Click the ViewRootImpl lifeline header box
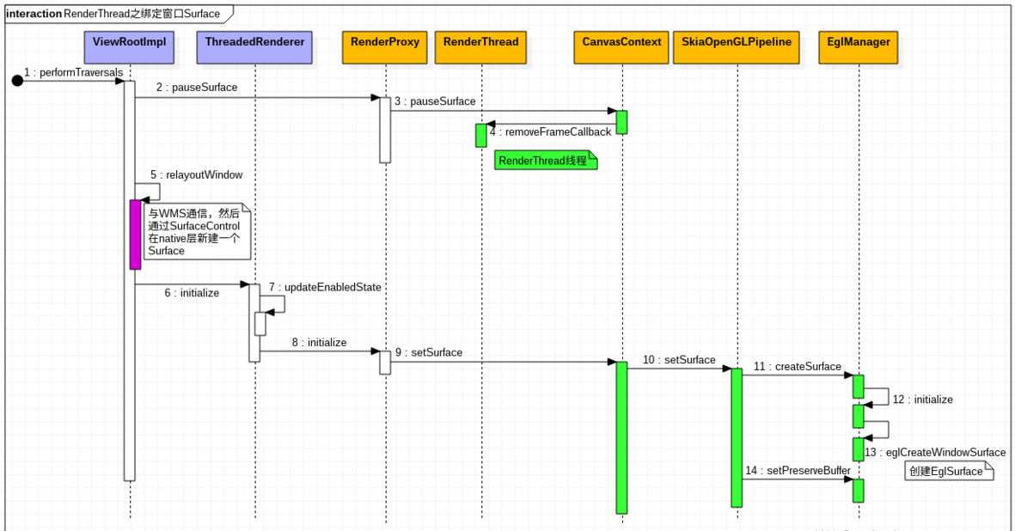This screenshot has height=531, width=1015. pyautogui.click(x=130, y=47)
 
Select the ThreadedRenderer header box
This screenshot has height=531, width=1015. pyautogui.click(x=254, y=47)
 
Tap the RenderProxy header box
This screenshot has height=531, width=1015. pyautogui.click(x=385, y=47)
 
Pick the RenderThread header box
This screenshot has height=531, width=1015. pyautogui.click(x=481, y=47)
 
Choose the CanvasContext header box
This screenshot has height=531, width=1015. pyautogui.click(x=621, y=47)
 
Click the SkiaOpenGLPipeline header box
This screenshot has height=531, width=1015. pyautogui.click(x=737, y=47)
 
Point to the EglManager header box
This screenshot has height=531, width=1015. pyautogui.click(x=859, y=47)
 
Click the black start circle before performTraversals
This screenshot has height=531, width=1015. pyautogui.click(x=17, y=81)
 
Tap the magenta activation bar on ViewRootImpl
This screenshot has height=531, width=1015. pyautogui.click(x=135, y=234)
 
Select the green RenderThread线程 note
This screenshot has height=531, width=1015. pyautogui.click(x=546, y=161)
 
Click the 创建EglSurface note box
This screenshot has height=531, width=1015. pyautogui.click(x=949, y=471)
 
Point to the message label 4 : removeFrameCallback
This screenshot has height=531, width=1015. pyautogui.click(x=550, y=132)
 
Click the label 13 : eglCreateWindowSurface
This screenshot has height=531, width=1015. pyautogui.click(x=935, y=452)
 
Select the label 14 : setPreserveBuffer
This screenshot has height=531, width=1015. pyautogui.click(x=798, y=471)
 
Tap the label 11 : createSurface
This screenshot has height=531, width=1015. pyautogui.click(x=797, y=367)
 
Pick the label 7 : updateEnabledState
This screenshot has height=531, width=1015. pyautogui.click(x=325, y=287)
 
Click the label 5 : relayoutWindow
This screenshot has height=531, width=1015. pyautogui.click(x=196, y=175)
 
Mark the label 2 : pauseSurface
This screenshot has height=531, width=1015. pyautogui.click(x=197, y=88)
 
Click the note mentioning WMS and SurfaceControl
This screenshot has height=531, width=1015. pyautogui.click(x=198, y=231)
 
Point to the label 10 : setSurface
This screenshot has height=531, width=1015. pyautogui.click(x=679, y=360)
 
